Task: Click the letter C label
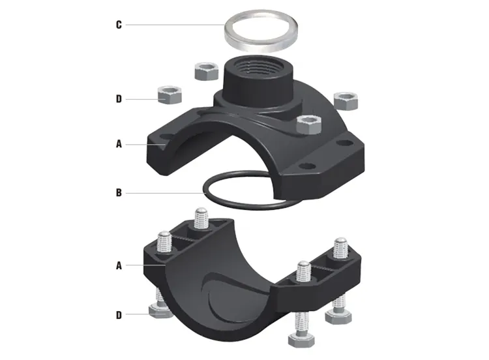(x=118, y=25)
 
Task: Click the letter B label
(x=118, y=192)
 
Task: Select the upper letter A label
(x=118, y=144)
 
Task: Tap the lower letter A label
(x=118, y=265)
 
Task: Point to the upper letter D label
(x=118, y=99)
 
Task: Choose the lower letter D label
(x=118, y=315)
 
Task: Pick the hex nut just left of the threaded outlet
(x=207, y=70)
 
